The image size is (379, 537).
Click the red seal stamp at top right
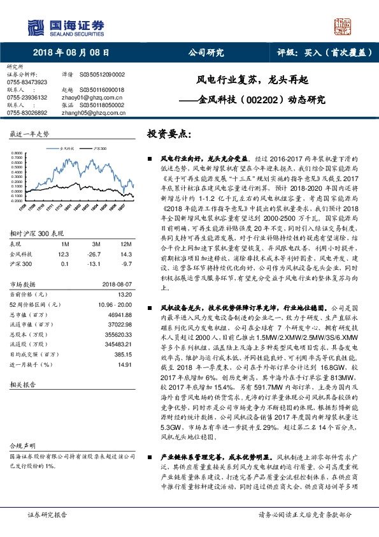[x=343, y=26]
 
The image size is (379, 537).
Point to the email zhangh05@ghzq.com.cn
[x=85, y=112]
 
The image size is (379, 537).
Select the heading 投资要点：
[x=169, y=135]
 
